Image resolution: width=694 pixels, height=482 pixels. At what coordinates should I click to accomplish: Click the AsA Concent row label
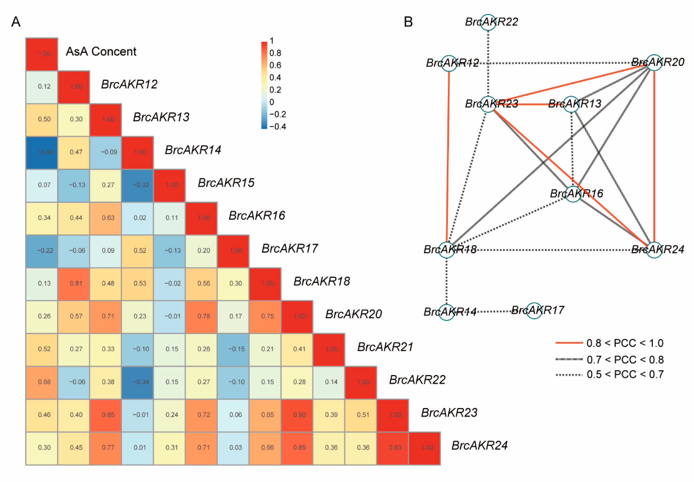point(101,52)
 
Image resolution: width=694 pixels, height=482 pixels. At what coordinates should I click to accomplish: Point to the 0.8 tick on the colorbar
point(275,53)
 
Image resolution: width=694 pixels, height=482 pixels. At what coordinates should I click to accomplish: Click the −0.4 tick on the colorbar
point(277,127)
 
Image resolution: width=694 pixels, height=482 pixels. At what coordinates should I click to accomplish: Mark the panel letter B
point(408,22)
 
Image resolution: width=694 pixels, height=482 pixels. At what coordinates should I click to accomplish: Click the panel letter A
point(16,22)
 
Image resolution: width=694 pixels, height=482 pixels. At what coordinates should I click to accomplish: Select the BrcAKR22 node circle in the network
point(488,22)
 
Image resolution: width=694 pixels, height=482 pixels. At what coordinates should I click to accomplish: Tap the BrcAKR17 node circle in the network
point(534,311)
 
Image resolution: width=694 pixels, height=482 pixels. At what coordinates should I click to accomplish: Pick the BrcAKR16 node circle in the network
point(573,194)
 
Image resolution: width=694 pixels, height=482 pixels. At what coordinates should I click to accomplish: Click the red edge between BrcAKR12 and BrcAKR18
point(448,157)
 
